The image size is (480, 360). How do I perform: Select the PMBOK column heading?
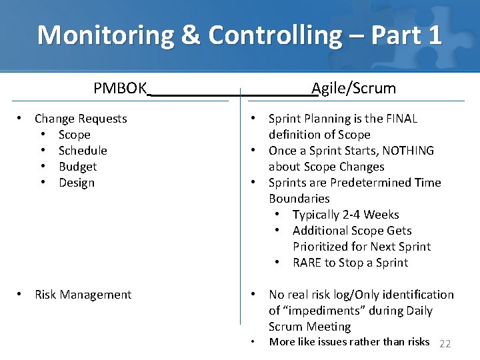119,88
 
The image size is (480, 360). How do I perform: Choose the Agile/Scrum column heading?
353,88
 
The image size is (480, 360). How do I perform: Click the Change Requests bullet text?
81,119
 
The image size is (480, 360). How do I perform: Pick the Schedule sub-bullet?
83,151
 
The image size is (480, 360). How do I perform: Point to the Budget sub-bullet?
77,167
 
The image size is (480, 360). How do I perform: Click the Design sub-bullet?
77,183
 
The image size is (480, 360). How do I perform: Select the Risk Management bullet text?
83,295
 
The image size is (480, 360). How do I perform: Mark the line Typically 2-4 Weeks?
345,215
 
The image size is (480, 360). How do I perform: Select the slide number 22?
445,343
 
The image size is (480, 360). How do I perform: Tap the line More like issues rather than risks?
349,342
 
